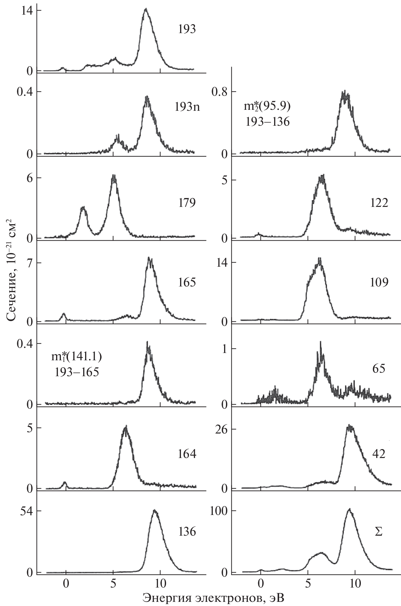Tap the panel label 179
187,203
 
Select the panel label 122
379,203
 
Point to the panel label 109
379,282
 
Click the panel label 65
378,369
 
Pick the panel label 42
378,454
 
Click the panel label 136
187,532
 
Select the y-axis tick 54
26,511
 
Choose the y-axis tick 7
29,263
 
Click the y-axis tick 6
29,178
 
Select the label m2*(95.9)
267,107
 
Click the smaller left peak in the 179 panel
84,208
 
